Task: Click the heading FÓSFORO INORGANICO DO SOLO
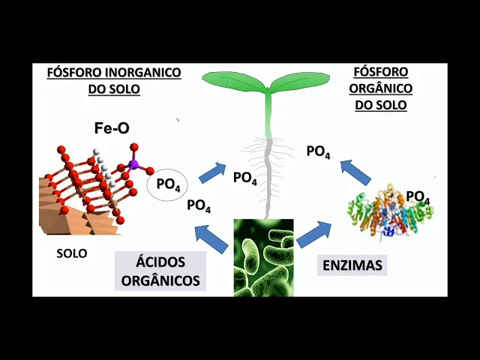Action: [x=114, y=81]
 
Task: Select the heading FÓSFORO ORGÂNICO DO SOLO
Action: [x=380, y=88]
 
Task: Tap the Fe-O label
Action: [x=112, y=128]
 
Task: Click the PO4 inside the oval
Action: [x=168, y=184]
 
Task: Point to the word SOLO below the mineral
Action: [x=72, y=253]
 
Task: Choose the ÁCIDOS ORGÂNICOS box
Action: [x=160, y=271]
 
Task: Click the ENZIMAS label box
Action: [x=352, y=265]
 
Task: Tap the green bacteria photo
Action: [x=263, y=257]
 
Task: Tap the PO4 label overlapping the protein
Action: [x=418, y=197]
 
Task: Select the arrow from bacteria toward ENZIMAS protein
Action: [x=314, y=234]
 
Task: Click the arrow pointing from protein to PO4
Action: [x=355, y=172]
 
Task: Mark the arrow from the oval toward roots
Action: [x=212, y=172]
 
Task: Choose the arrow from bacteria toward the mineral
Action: [x=211, y=238]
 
